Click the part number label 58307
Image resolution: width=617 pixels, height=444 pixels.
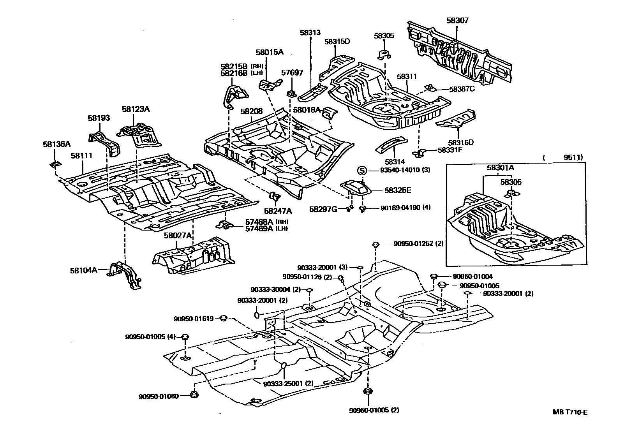point(457,21)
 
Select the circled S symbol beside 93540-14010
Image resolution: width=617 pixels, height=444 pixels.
point(362,170)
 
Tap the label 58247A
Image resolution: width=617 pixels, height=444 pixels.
point(278,211)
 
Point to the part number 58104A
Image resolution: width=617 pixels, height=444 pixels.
point(83,269)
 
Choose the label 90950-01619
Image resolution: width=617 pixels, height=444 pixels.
point(194,319)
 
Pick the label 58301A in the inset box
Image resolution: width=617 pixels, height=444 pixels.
point(500,168)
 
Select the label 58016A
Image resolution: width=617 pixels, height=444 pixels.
point(307,110)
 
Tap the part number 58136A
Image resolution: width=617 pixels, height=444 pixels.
point(56,144)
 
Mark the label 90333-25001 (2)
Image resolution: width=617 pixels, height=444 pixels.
point(288,383)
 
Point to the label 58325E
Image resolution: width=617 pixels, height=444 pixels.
point(398,190)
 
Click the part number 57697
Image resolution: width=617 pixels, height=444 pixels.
point(291,73)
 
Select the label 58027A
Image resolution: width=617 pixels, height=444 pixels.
point(178,236)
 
